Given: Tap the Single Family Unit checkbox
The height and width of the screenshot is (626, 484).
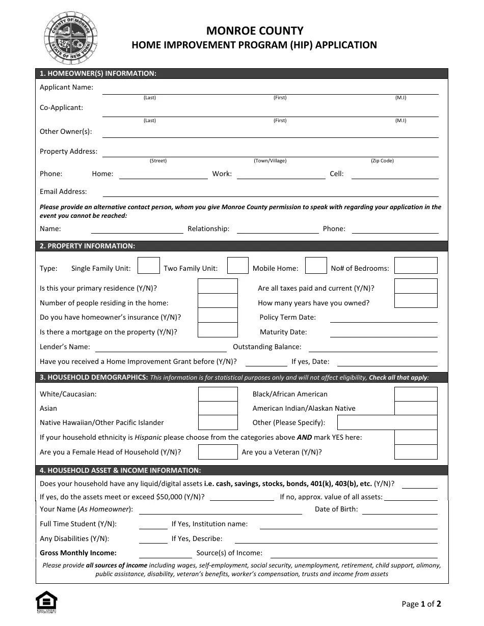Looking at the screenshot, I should [x=149, y=266].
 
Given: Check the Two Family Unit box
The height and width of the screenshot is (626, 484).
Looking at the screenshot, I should [x=237, y=266].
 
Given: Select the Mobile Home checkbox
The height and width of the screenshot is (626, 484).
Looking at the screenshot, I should [x=316, y=266].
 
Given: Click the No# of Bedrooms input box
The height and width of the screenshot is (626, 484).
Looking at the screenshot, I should [x=416, y=266].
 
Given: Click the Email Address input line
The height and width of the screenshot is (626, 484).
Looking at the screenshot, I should [x=270, y=192].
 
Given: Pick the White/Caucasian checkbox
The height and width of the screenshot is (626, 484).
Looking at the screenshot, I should [x=218, y=394].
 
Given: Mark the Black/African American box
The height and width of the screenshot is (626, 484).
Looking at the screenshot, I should [x=416, y=394].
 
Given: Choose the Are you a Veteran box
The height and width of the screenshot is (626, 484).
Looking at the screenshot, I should [x=416, y=452].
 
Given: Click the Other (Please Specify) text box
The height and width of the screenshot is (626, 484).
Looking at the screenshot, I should [x=387, y=422].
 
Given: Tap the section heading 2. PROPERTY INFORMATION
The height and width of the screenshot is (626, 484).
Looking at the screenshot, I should [x=88, y=246].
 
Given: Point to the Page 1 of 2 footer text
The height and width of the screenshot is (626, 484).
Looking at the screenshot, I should [x=421, y=604].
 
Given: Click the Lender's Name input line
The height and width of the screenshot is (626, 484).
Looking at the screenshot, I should [x=160, y=348].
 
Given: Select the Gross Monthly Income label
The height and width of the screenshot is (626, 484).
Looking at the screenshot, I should [x=78, y=553].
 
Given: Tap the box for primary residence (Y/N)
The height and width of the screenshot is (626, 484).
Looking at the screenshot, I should [x=218, y=286].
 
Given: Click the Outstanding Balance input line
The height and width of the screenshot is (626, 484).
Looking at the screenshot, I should [x=373, y=348].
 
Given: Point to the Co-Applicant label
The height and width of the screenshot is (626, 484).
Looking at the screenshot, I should [x=61, y=107].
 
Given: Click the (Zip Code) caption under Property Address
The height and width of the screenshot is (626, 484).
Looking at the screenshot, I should [x=382, y=161].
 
